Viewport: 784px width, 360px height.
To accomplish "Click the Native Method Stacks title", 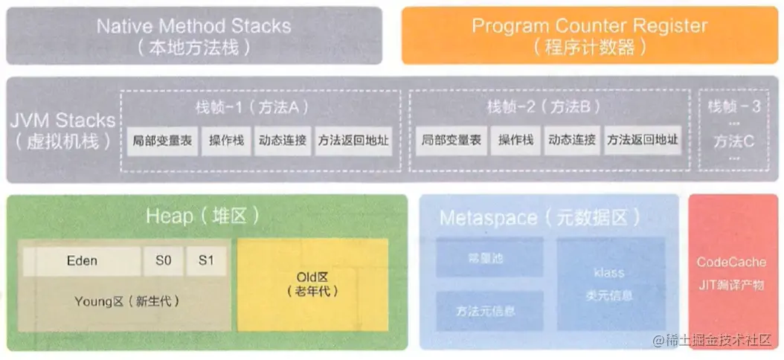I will click(x=193, y=26).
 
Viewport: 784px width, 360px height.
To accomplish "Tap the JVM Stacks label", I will click(x=63, y=120).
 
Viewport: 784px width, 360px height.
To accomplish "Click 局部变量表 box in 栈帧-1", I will click(x=162, y=141).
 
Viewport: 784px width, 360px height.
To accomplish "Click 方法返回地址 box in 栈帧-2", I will click(x=642, y=141).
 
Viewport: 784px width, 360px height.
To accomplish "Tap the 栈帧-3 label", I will click(x=734, y=106).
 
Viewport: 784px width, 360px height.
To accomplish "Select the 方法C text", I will click(x=734, y=140).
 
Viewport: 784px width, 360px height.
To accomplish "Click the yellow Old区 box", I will click(x=312, y=284).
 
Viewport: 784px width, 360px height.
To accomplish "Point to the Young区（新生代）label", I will click(x=126, y=301).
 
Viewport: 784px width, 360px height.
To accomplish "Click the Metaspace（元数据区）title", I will click(x=539, y=218).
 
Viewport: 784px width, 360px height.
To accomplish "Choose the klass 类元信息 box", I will click(x=614, y=284).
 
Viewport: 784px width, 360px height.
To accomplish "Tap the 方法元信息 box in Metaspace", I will click(x=486, y=311).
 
